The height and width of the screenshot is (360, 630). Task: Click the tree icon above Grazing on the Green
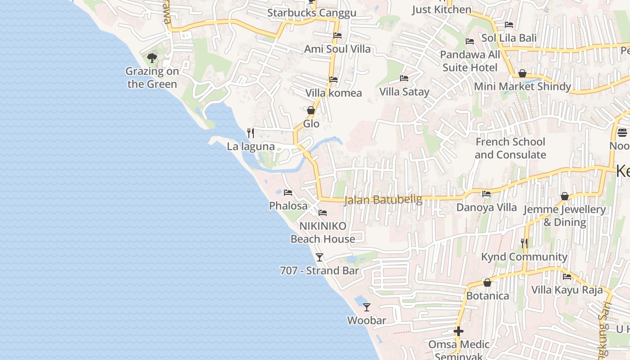(x=152, y=58)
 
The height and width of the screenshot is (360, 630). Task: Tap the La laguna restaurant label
(x=251, y=146)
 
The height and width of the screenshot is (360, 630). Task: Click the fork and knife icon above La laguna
(x=251, y=133)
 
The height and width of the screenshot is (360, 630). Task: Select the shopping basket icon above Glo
(x=310, y=110)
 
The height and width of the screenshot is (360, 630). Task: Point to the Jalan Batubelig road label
(x=383, y=199)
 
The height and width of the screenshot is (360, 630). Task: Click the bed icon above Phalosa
(x=288, y=193)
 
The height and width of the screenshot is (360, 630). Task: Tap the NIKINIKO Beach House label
(x=323, y=232)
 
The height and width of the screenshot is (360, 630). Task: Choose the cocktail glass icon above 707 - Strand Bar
(x=319, y=257)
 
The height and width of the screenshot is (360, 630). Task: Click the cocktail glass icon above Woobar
(x=367, y=307)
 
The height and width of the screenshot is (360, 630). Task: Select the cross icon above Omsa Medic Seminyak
(x=459, y=331)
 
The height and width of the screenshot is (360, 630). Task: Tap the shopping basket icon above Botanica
(x=487, y=283)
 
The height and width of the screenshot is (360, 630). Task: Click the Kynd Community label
(x=524, y=257)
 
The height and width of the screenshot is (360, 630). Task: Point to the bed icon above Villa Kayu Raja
(x=567, y=276)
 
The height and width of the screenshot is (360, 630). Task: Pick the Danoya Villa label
(x=486, y=207)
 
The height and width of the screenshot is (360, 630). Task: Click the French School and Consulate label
(x=510, y=148)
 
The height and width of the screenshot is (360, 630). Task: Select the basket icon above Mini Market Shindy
(x=522, y=73)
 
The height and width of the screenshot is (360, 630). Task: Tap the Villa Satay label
(x=404, y=92)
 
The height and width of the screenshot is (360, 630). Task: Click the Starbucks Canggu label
(x=311, y=13)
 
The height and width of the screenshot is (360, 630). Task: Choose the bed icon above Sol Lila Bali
(x=509, y=25)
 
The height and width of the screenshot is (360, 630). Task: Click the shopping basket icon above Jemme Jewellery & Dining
(x=565, y=197)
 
